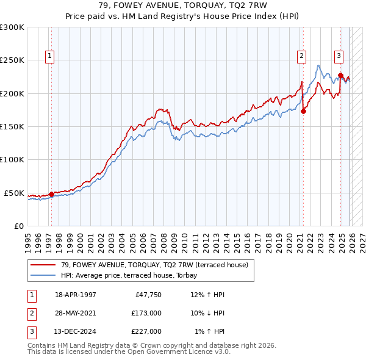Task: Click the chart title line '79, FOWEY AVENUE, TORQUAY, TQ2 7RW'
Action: click(183, 5)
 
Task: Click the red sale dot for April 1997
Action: click(51, 194)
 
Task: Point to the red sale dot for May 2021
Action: click(304, 111)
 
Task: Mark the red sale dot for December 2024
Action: click(340, 75)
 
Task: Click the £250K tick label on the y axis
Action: click(12, 60)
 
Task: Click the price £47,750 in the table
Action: click(146, 295)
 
